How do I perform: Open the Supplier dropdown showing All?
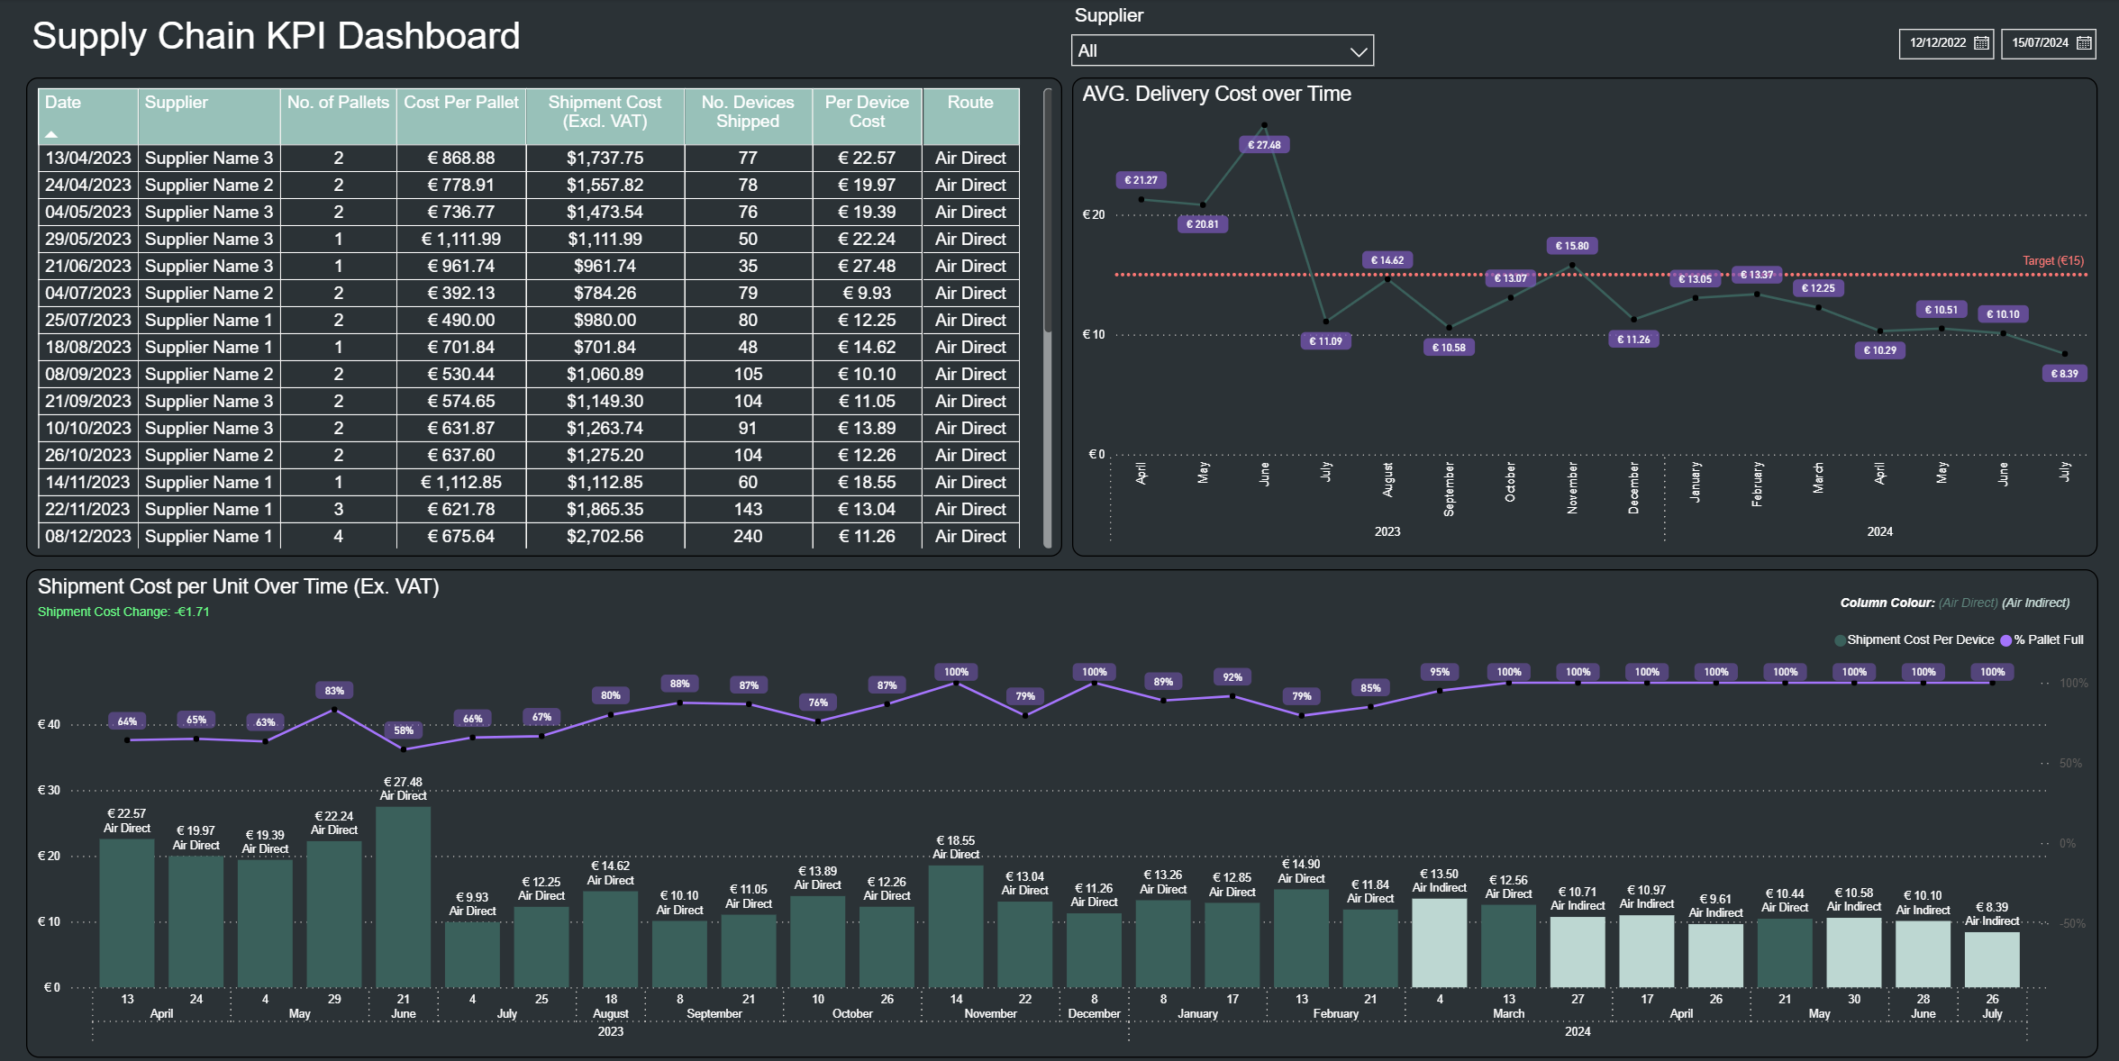click(x=1222, y=50)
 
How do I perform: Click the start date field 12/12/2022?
click(x=1945, y=43)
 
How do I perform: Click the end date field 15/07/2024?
click(x=2047, y=43)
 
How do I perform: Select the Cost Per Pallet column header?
click(x=460, y=103)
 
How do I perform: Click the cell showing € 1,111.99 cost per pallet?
click(x=460, y=239)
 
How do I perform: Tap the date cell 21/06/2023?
click(x=88, y=266)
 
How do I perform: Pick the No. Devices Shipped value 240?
click(x=747, y=536)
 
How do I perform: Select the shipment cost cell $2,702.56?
click(x=605, y=536)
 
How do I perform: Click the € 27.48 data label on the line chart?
click(x=1264, y=145)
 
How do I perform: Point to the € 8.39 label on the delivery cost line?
click(x=2064, y=374)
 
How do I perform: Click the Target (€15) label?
click(x=2052, y=261)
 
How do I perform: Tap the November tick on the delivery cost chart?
click(x=1572, y=487)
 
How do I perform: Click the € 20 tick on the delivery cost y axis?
click(x=1093, y=214)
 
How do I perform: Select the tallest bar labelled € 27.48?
click(x=403, y=896)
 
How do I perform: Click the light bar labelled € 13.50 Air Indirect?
click(x=1439, y=942)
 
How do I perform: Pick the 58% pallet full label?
click(x=404, y=730)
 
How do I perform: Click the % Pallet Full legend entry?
click(x=2047, y=639)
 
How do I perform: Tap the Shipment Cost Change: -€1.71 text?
click(x=123, y=612)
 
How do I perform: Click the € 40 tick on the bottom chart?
click(x=49, y=724)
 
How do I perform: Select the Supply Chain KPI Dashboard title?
click(x=276, y=36)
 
